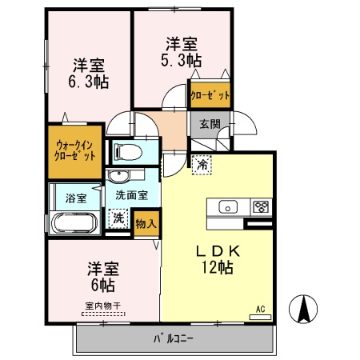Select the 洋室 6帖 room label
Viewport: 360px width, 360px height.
[x=102, y=275]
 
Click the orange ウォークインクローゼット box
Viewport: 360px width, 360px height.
[x=76, y=151]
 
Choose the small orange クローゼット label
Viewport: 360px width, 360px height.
[x=210, y=95]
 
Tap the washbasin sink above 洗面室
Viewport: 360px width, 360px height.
[x=122, y=176]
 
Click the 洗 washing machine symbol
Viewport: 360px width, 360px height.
[x=118, y=217]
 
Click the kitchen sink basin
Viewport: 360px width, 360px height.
[x=229, y=207]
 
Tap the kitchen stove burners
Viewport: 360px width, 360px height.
[x=262, y=207]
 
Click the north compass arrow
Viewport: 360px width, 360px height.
[x=307, y=311]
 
